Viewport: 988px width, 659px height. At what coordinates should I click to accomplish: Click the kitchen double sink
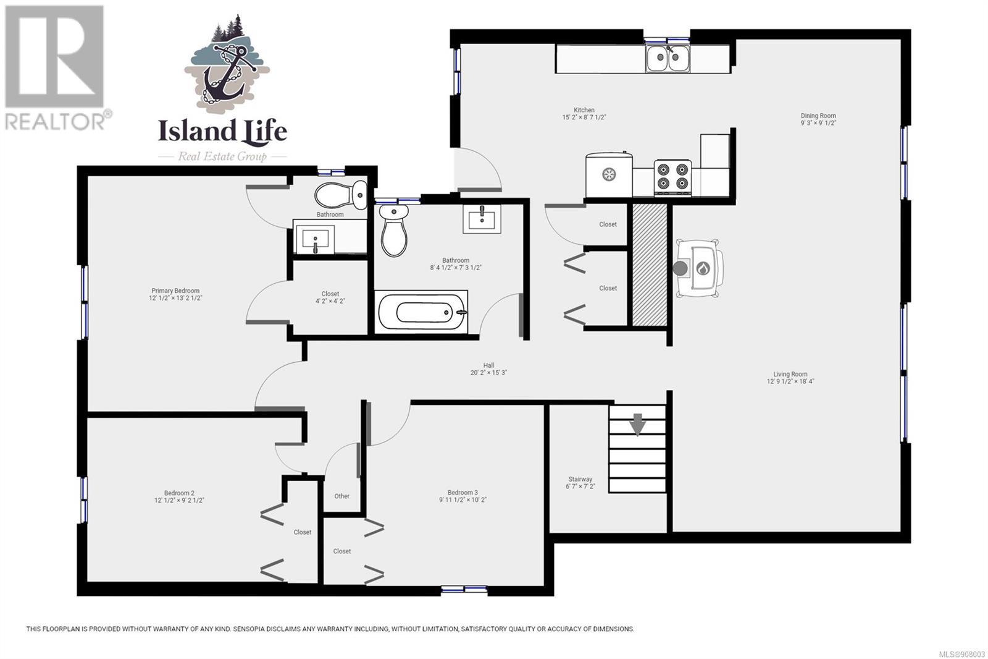[x=668, y=58]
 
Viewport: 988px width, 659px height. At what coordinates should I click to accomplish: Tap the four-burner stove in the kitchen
[x=672, y=177]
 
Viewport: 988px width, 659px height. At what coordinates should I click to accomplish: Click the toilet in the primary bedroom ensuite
[x=340, y=195]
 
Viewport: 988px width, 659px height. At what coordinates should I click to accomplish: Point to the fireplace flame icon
[x=703, y=268]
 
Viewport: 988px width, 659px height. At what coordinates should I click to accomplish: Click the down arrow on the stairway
[x=637, y=425]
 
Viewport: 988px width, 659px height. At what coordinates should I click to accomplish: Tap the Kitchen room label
[x=584, y=110]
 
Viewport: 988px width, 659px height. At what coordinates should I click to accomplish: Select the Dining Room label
[x=818, y=116]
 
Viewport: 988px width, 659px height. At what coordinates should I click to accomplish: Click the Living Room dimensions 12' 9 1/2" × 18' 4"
[x=790, y=381]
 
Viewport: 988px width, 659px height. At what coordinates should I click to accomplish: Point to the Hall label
[x=488, y=365]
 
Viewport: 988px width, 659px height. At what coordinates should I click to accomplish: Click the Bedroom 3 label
[x=463, y=493]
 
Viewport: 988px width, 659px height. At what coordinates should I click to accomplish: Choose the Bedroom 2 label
[x=179, y=493]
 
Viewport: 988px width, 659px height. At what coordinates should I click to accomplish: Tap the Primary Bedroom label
[x=175, y=291]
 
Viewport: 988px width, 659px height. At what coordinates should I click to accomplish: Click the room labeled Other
[x=342, y=496]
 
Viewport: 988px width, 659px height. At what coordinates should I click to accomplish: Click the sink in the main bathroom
[x=482, y=219]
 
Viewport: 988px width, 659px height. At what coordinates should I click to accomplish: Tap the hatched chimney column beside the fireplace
[x=650, y=265]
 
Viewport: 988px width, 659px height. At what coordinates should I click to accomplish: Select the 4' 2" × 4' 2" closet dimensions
[x=330, y=301]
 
